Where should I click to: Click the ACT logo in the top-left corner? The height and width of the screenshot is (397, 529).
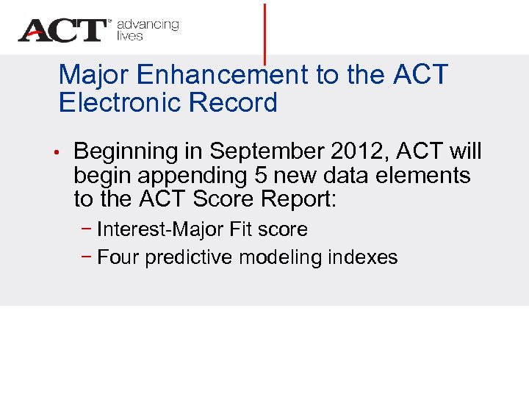point(63,30)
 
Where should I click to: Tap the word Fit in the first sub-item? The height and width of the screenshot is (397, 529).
point(241,229)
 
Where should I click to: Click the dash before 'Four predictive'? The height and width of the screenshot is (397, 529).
point(87,257)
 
